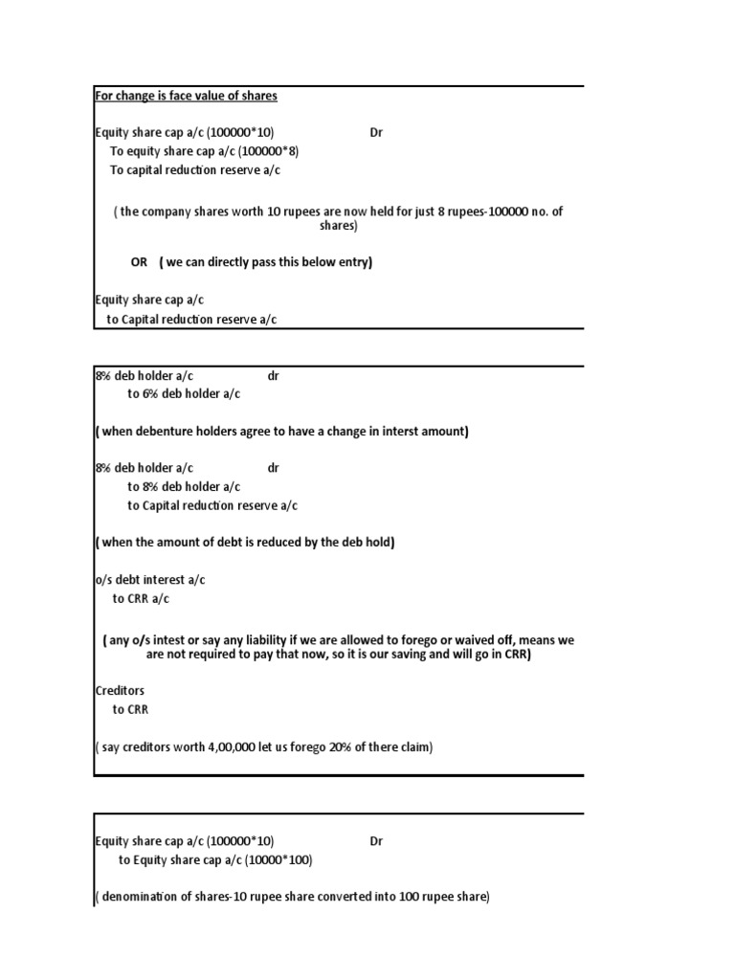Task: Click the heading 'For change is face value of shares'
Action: tap(186, 96)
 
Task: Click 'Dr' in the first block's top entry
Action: tap(376, 133)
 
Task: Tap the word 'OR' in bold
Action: tap(139, 262)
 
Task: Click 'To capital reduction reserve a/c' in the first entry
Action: tap(195, 170)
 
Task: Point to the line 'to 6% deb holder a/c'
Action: tap(184, 394)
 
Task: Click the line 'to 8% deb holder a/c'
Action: tap(184, 487)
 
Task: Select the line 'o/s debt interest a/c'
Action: tap(149, 580)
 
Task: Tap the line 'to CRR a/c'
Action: tap(141, 599)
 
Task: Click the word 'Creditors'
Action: tap(120, 691)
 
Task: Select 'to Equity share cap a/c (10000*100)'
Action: tap(215, 860)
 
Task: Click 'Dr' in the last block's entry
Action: tap(376, 841)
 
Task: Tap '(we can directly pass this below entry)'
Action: tap(266, 262)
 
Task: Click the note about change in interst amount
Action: tap(281, 432)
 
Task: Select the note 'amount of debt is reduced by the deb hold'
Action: tap(245, 543)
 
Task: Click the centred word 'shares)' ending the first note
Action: tap(338, 227)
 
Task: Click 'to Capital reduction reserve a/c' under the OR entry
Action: tap(191, 320)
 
